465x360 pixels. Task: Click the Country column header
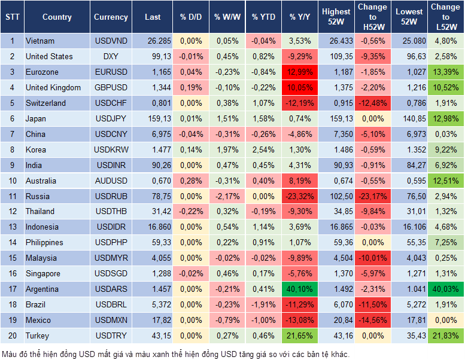(x=57, y=17)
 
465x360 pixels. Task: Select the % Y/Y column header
(x=300, y=17)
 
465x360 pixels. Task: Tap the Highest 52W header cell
(x=336, y=17)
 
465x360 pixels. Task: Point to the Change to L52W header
(x=445, y=17)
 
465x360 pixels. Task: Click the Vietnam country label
(x=40, y=41)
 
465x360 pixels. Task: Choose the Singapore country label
(x=43, y=274)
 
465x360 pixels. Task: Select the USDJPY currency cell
(x=111, y=119)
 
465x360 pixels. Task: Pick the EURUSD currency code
(x=111, y=72)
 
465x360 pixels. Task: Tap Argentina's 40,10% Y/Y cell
(x=300, y=289)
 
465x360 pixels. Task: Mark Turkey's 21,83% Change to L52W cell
(x=445, y=336)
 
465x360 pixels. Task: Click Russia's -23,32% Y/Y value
(x=300, y=196)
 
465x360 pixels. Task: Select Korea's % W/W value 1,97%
(x=227, y=150)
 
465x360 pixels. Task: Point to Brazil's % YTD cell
(x=263, y=305)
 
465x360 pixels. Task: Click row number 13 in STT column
(x=11, y=227)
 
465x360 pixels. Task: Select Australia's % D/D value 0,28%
(x=191, y=181)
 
